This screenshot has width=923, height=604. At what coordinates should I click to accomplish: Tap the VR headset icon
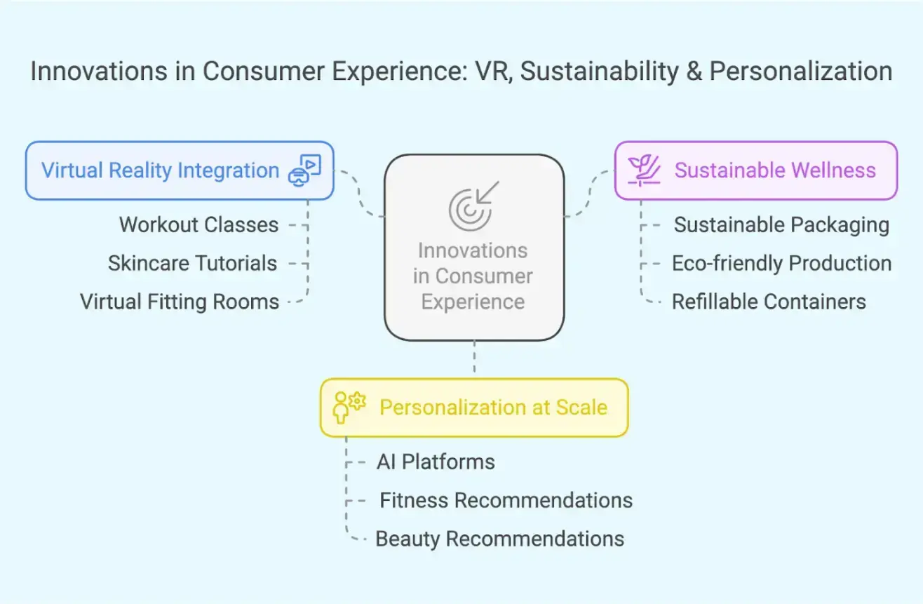[x=304, y=170]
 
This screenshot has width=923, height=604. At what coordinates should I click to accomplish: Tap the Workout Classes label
[x=198, y=225]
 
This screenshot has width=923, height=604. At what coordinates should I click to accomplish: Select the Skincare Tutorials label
[x=192, y=264]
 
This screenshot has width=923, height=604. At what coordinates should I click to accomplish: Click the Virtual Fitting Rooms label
[x=180, y=302]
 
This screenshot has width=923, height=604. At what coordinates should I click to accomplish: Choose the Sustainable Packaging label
[x=781, y=225]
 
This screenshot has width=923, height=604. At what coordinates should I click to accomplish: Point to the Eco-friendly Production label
[x=781, y=264]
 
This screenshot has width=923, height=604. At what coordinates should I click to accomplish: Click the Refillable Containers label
[x=769, y=302]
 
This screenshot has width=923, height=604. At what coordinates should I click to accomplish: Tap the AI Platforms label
[x=436, y=462]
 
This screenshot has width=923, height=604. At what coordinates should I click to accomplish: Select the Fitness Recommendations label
[x=506, y=501]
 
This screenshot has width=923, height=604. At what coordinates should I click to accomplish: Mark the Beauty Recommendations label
[x=499, y=539]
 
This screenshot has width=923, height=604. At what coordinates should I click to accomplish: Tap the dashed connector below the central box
[x=475, y=358]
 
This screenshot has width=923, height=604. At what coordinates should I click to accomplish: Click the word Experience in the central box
[x=473, y=302]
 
